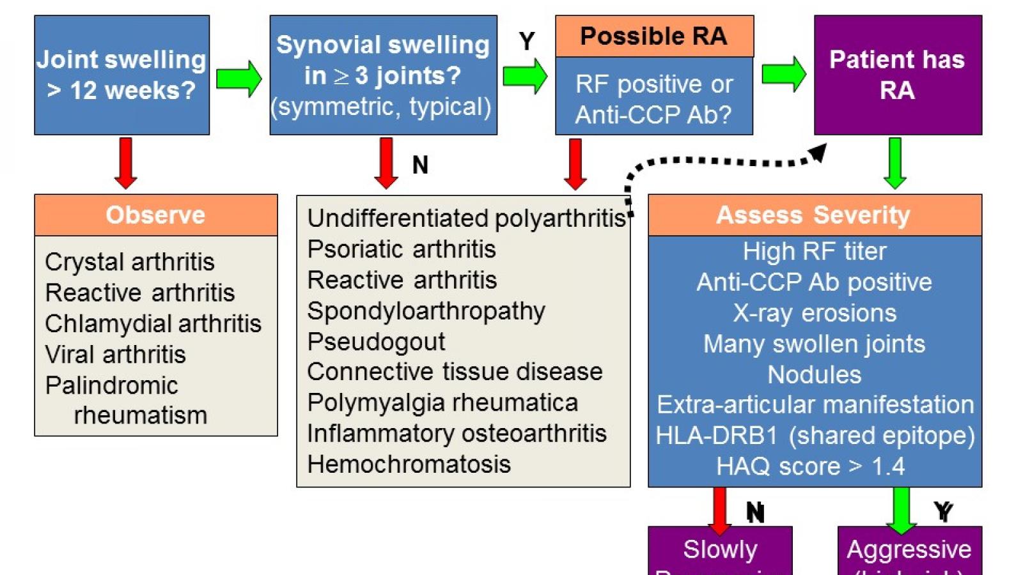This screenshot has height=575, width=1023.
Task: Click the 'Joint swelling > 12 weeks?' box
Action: click(121, 75)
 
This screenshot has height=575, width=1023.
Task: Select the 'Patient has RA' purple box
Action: click(897, 75)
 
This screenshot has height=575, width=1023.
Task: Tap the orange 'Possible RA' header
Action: click(653, 36)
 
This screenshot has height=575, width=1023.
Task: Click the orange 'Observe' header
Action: click(155, 215)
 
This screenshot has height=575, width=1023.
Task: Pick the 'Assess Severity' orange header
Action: click(813, 215)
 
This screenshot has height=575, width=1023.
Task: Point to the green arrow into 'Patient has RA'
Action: click(783, 74)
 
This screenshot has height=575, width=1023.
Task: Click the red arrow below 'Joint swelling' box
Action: click(126, 163)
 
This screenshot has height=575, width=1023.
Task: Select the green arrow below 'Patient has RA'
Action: click(895, 163)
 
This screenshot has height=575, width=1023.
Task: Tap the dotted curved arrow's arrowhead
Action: click(818, 153)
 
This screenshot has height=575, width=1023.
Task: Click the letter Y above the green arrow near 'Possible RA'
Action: click(527, 42)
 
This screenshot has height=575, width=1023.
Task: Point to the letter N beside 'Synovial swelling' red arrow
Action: click(420, 165)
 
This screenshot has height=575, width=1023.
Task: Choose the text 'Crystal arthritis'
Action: click(130, 262)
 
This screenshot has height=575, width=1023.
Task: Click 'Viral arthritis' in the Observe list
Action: click(115, 355)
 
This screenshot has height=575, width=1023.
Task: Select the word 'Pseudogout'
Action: click(376, 342)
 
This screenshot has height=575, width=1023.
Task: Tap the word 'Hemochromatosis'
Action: click(409, 464)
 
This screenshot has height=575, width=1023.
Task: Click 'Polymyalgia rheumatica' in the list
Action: click(442, 403)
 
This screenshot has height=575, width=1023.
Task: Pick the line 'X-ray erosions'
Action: click(815, 313)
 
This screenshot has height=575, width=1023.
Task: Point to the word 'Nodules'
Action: click(815, 374)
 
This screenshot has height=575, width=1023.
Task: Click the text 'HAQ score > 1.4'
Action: click(811, 466)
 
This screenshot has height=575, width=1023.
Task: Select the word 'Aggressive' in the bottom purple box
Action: click(909, 549)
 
